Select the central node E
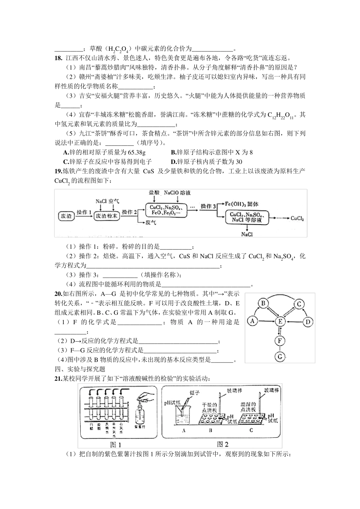tap(280, 322)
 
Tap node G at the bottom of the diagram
tap(280, 356)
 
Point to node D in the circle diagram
tap(308, 322)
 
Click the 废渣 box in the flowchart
tap(66, 216)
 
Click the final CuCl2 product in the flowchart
tap(297, 219)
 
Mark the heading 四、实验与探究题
tap(80, 369)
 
